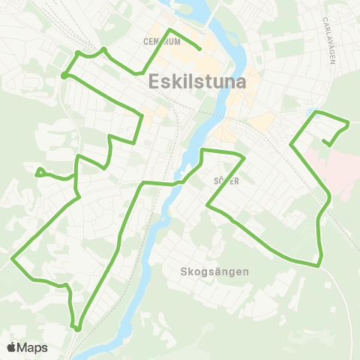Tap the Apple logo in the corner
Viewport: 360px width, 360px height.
pyautogui.click(x=12, y=347)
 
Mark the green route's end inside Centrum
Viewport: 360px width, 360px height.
pyautogui.click(x=199, y=49)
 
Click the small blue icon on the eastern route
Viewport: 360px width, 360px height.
pyautogui.click(x=311, y=111)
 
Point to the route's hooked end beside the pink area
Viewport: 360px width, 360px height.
pyautogui.click(x=324, y=140)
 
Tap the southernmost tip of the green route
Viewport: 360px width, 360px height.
pyautogui.click(x=77, y=327)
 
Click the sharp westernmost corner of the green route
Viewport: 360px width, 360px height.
pyautogui.click(x=13, y=259)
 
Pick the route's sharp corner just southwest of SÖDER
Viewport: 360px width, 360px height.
pyautogui.click(x=208, y=205)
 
